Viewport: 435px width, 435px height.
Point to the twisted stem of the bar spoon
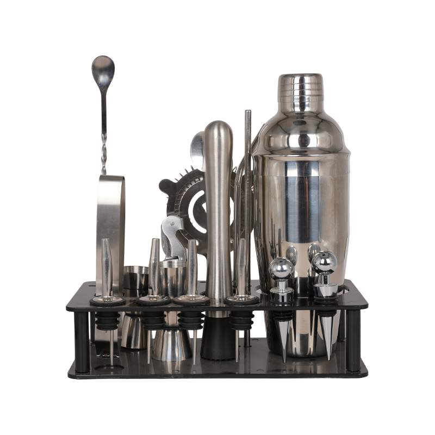tap(104, 136)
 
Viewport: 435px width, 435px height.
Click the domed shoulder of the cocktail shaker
tap(300, 130)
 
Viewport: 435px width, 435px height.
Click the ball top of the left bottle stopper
tap(282, 268)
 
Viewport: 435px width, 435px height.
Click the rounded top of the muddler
tap(219, 130)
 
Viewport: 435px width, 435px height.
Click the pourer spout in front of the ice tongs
tap(107, 266)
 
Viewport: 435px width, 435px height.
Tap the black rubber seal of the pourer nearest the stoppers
tap(241, 321)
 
